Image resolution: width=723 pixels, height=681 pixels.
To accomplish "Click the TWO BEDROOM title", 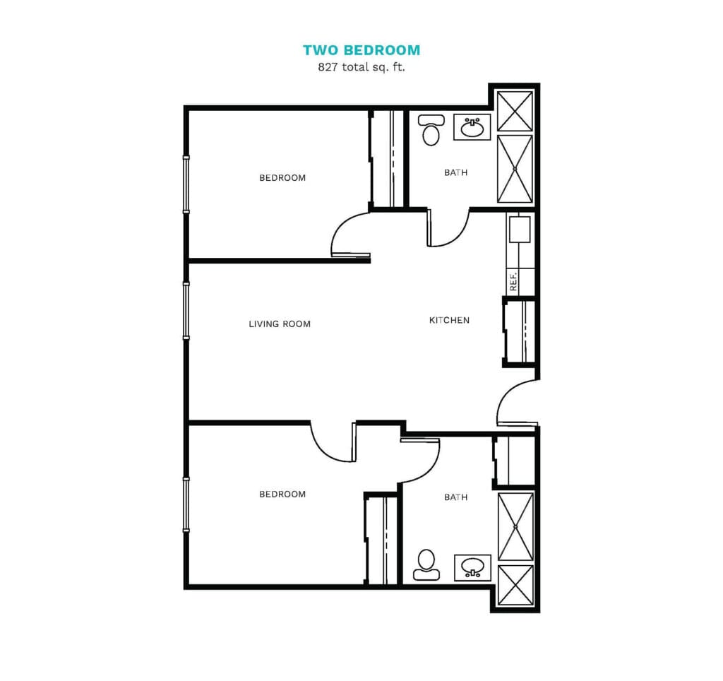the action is coord(361,50).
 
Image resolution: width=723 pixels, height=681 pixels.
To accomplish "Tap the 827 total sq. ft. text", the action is coord(361,67).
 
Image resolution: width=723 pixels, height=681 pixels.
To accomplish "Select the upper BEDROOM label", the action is coord(282,177).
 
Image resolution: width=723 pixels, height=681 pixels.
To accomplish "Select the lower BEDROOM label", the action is coord(282,494).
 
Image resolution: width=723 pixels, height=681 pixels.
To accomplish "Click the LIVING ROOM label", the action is coord(280,324).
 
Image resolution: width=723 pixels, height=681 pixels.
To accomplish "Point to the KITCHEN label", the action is coord(449,320).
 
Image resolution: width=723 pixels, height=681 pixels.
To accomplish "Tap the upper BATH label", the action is coord(455,172).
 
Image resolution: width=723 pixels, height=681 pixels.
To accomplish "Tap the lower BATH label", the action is coord(455,497).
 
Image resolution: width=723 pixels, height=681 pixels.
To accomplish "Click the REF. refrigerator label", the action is coord(513,281).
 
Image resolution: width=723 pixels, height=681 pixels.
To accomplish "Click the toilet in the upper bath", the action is coord(431,130).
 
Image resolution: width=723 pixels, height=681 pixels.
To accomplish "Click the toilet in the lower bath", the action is coord(426,564).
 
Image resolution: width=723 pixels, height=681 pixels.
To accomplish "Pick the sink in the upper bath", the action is coord(472,127).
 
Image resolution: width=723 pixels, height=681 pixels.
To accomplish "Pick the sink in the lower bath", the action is coord(472,567).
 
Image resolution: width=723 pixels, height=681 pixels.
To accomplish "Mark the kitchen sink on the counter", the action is coord(520,230).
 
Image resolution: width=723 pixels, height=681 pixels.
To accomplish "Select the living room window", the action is coord(186,311).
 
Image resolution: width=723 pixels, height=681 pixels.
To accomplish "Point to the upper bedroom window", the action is coord(186,184).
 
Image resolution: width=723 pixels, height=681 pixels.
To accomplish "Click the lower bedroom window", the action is coord(186,505).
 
